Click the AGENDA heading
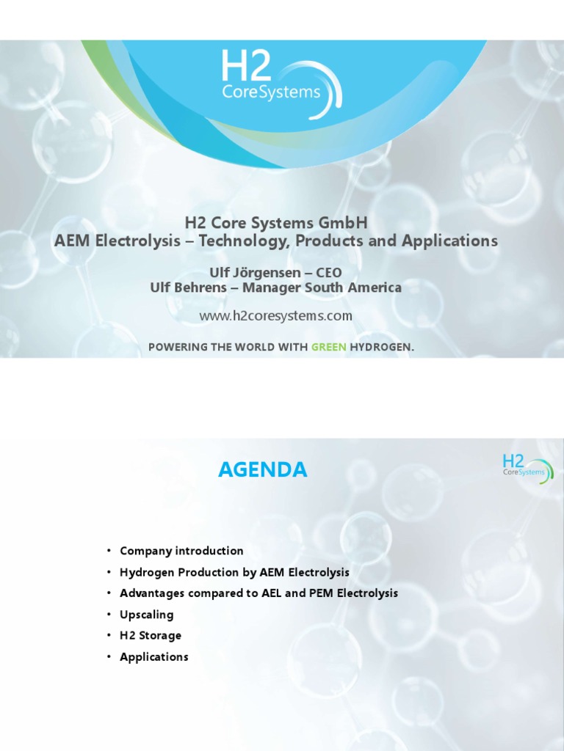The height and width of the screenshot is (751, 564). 263,470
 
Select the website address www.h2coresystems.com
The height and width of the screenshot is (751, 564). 276,316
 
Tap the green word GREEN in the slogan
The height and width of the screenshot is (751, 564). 324,347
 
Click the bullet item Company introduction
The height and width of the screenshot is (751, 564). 181,551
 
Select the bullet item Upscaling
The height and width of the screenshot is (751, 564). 147,615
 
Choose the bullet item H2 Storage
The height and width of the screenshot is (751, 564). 151,636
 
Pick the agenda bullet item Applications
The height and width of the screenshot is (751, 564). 154,657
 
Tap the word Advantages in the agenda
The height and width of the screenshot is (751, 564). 151,593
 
